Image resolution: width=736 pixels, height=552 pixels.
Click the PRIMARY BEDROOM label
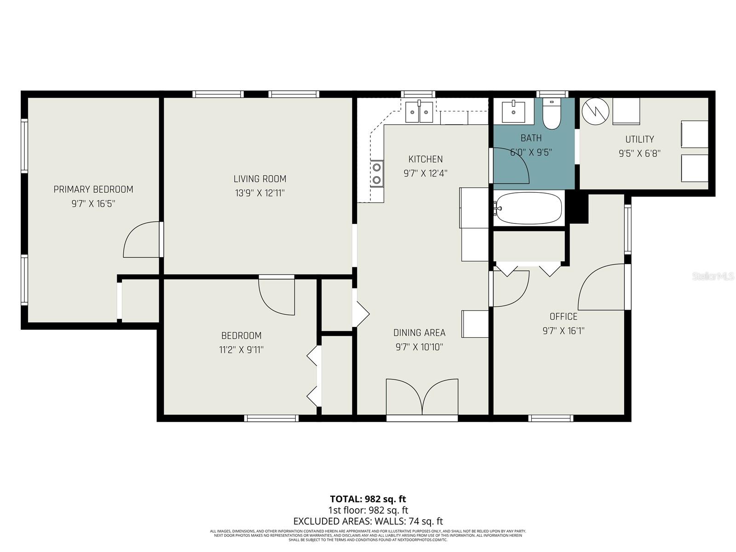tap(93, 189)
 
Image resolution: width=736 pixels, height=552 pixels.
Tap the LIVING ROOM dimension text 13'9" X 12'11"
tap(259, 193)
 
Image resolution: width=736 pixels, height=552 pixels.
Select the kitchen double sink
tap(419, 112)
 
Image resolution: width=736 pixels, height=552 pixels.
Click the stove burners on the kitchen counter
tap(377, 174)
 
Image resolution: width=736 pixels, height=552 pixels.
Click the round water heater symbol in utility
tap(595, 110)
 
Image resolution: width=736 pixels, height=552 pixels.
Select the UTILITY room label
tap(639, 139)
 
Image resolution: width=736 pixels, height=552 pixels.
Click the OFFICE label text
tap(563, 316)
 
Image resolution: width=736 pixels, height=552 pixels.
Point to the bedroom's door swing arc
tap(276, 297)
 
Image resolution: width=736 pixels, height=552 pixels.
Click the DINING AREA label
tap(419, 333)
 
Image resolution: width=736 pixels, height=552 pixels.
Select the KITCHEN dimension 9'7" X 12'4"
tap(425, 173)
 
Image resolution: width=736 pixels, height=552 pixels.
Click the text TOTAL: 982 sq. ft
tap(368, 499)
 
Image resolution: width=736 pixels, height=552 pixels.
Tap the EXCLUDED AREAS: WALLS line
tap(368, 521)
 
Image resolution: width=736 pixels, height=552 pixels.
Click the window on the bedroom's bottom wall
tap(271, 418)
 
